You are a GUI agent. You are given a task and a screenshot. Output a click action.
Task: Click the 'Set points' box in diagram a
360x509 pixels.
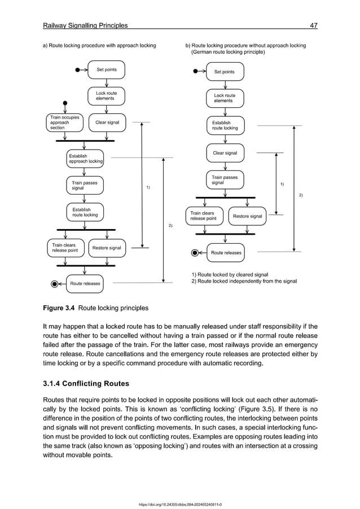click(106, 70)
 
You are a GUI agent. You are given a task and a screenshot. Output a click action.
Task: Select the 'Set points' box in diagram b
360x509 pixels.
click(224, 72)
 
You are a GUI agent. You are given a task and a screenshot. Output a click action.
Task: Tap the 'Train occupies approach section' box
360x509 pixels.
click(63, 122)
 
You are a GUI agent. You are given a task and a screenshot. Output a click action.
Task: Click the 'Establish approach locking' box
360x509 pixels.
click(85, 159)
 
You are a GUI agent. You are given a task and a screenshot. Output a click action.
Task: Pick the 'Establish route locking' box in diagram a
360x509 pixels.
click(85, 212)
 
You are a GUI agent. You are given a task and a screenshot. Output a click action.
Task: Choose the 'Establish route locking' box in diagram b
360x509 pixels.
click(225, 125)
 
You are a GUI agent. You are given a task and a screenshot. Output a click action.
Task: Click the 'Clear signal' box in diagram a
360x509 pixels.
click(107, 122)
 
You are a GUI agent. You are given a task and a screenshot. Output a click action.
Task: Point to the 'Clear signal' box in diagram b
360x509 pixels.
click(225, 153)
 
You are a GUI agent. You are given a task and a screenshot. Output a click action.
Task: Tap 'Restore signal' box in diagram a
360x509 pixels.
click(107, 248)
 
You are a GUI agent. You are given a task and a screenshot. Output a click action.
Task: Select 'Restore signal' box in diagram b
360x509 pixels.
click(247, 216)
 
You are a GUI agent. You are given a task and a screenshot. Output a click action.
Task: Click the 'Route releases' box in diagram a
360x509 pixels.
click(85, 284)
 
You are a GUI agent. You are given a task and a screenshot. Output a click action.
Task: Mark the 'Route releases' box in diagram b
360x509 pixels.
click(226, 253)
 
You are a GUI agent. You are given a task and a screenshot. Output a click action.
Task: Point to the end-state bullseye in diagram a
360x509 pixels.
click(54, 284)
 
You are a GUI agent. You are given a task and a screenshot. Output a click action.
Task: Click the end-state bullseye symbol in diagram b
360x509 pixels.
click(195, 253)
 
